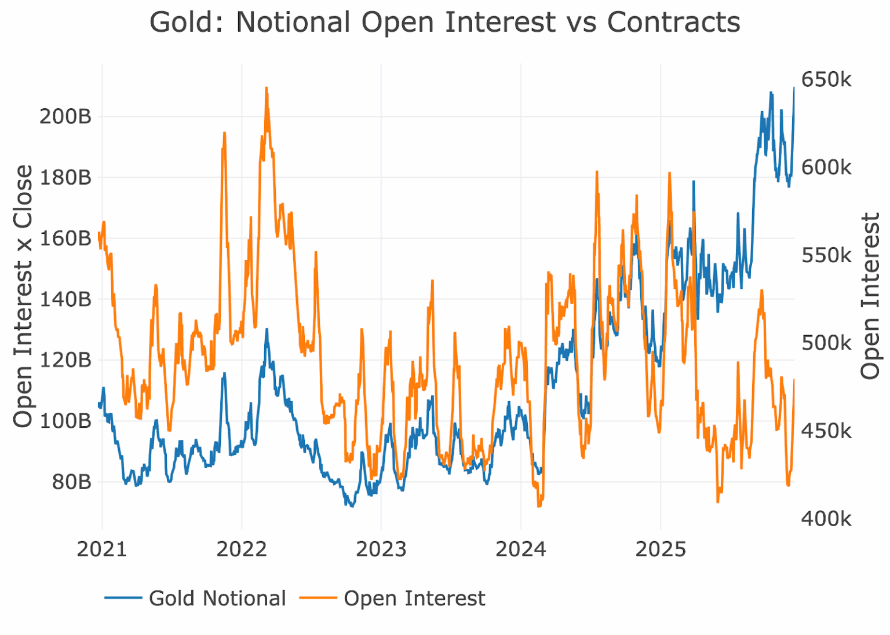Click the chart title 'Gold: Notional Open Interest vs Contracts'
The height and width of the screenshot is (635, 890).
click(x=444, y=23)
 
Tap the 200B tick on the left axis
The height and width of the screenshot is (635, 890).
click(x=65, y=116)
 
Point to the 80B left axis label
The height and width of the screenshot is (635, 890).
click(x=71, y=482)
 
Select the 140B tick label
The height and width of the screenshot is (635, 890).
click(x=65, y=299)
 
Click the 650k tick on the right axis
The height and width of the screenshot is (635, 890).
click(x=826, y=80)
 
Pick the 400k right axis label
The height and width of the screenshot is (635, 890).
click(x=826, y=519)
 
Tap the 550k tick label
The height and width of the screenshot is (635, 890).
click(x=826, y=255)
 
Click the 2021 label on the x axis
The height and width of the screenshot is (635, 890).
click(x=102, y=549)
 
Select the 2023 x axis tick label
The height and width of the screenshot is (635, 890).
click(x=381, y=549)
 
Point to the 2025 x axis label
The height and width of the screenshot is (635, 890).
click(x=661, y=549)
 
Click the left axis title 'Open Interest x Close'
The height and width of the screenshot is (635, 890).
click(x=23, y=296)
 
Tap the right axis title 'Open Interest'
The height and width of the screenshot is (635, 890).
click(x=870, y=296)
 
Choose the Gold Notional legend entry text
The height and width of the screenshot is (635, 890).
click(x=217, y=599)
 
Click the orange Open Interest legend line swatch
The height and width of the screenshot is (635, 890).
click(x=318, y=598)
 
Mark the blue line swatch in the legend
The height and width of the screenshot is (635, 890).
click(x=123, y=598)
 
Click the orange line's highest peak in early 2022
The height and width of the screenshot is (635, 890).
click(x=266, y=88)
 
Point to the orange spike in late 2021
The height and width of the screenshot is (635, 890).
click(x=224, y=133)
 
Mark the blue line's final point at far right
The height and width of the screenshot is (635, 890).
click(x=794, y=87)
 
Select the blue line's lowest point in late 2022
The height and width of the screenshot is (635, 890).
click(x=351, y=506)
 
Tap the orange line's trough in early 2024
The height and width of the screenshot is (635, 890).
click(x=539, y=506)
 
